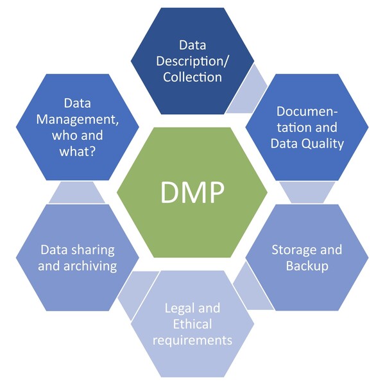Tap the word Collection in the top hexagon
click(192, 77)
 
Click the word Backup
click(307, 265)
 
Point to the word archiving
click(77, 265)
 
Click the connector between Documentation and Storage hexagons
click(307, 191)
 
